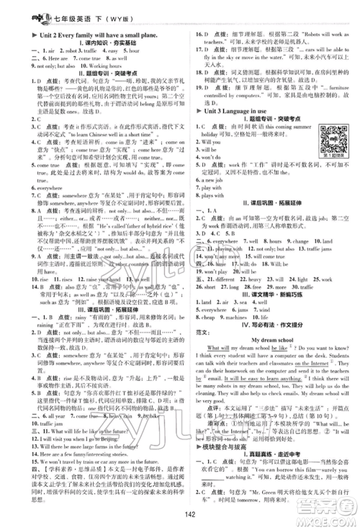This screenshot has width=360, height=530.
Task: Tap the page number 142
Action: point(179,514)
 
